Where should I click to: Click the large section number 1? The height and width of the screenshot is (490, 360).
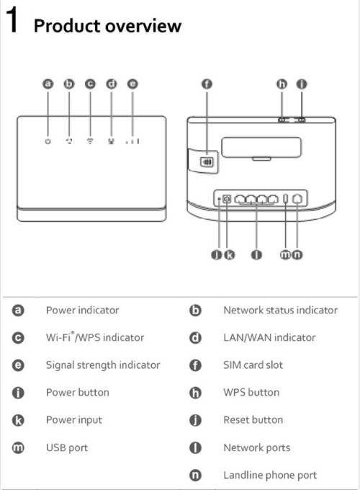(x=12, y=19)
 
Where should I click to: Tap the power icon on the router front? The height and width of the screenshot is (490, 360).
(x=48, y=141)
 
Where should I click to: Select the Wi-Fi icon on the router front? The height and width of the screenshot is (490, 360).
(x=90, y=141)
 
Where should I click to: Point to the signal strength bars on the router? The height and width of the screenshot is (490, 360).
(x=132, y=141)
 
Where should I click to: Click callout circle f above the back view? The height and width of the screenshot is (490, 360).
(x=207, y=84)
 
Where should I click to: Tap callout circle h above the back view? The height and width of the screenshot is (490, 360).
(x=282, y=84)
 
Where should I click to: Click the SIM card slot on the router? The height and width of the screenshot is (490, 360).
(x=207, y=162)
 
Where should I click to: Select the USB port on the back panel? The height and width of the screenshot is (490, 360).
(x=285, y=198)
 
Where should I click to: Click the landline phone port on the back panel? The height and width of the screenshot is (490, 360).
(x=297, y=199)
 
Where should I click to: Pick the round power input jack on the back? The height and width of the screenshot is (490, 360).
(x=227, y=199)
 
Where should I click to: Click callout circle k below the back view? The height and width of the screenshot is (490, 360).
(x=230, y=254)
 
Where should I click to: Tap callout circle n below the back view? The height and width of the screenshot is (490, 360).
(x=297, y=254)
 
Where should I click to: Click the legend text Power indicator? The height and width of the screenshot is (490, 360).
(x=82, y=311)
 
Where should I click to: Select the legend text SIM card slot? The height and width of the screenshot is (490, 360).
(x=253, y=365)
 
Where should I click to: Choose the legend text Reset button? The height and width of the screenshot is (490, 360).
(x=253, y=419)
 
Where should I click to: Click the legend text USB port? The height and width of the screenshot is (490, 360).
(x=67, y=447)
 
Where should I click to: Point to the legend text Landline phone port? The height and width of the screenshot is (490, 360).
(x=270, y=476)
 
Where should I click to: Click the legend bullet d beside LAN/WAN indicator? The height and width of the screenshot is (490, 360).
(x=195, y=338)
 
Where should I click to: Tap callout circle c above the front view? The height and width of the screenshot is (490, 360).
(x=90, y=84)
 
